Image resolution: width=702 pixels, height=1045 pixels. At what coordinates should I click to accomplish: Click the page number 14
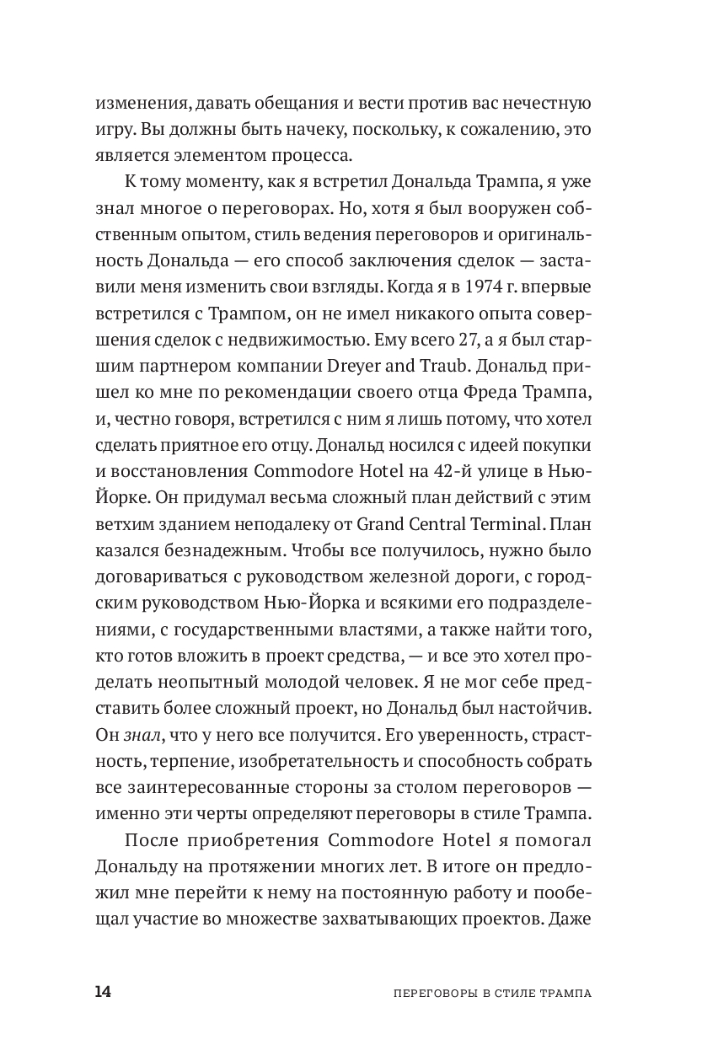pos(102,991)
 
